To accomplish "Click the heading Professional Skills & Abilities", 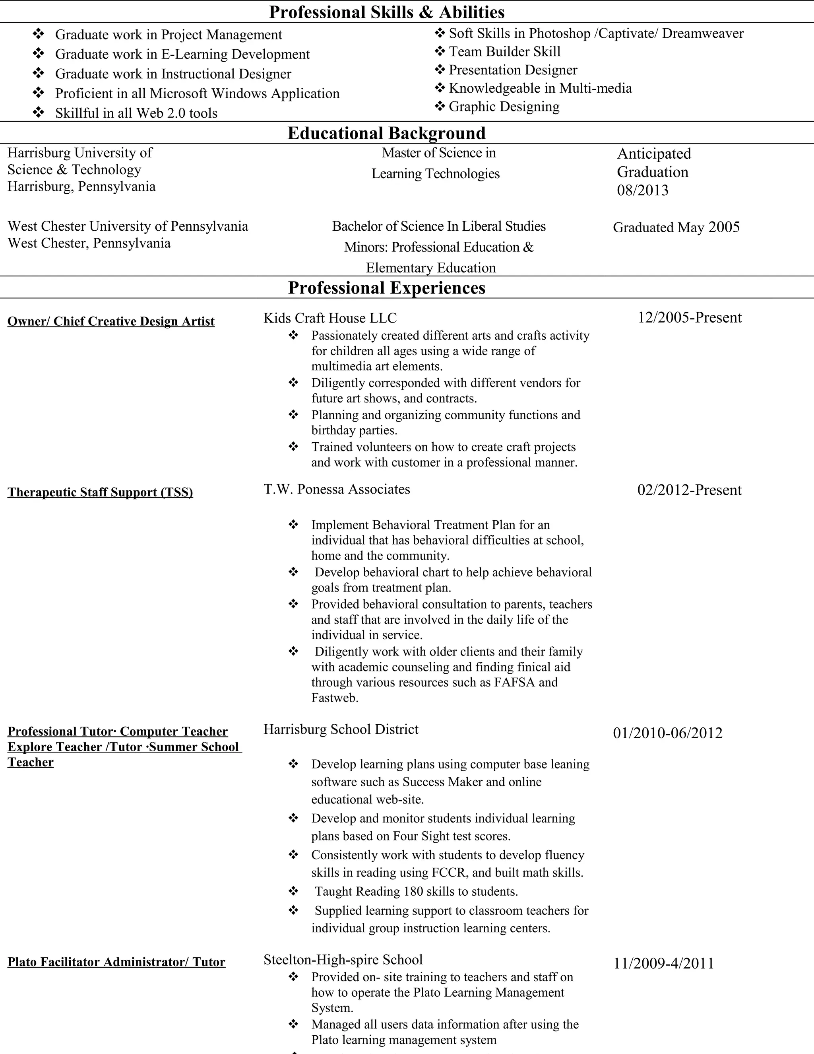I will point(387,12).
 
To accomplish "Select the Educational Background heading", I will point(387,133).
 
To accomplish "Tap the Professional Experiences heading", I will point(387,288).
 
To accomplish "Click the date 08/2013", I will point(643,191).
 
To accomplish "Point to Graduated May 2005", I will point(676,227).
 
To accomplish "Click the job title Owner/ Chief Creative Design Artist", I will point(111,321).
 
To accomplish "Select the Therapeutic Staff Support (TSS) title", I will point(100,492).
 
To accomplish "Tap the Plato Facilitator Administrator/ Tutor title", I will point(116,962).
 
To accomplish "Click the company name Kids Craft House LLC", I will point(330,318).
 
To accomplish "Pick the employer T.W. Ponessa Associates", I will point(337,489).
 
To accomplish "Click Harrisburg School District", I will point(341,729).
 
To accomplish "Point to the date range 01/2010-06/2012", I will point(667,733).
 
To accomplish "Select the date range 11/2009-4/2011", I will point(663,964).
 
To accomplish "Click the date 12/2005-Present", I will point(690,317).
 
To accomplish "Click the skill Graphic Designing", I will point(504,107).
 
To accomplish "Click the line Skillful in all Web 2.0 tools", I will point(136,113).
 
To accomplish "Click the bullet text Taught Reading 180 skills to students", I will point(416,891).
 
